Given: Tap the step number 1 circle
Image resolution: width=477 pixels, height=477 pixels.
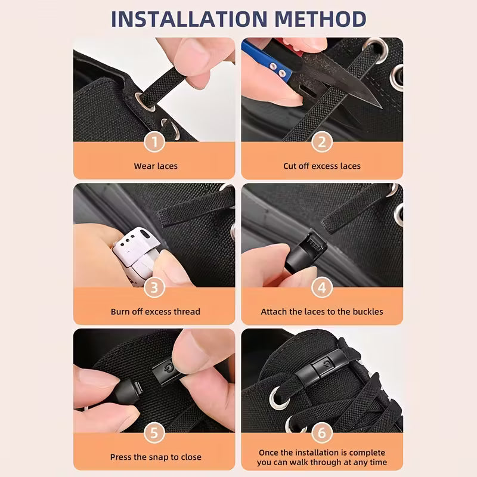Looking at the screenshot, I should coord(155,142).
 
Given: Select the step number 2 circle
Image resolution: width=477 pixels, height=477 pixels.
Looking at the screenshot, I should coord(322,142).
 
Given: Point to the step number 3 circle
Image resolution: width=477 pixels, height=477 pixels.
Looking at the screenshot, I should coord(155,287).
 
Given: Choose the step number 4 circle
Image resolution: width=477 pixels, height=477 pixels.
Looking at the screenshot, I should coord(322,287).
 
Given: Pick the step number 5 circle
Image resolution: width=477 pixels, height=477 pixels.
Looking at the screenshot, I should coord(155,433).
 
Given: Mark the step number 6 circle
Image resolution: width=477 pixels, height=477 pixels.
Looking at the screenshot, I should coord(322,433).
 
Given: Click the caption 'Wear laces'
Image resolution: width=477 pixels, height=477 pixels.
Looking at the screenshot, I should coord(156,166).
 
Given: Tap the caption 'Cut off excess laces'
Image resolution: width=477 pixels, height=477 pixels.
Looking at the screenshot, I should coord(322,166).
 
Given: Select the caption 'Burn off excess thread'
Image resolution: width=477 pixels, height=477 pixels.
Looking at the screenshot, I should coord(156,311).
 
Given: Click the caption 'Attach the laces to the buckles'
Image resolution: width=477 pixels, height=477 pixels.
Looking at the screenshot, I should coord(322,311).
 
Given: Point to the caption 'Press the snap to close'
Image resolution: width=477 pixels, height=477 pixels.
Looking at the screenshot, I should coord(156,457).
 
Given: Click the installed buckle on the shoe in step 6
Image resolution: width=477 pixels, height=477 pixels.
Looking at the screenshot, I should coord(328,363).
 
